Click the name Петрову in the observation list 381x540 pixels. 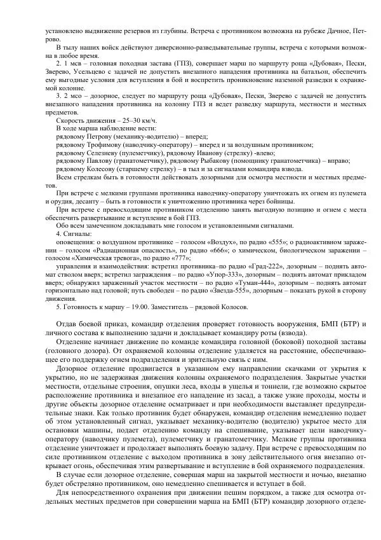(x=95, y=135)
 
